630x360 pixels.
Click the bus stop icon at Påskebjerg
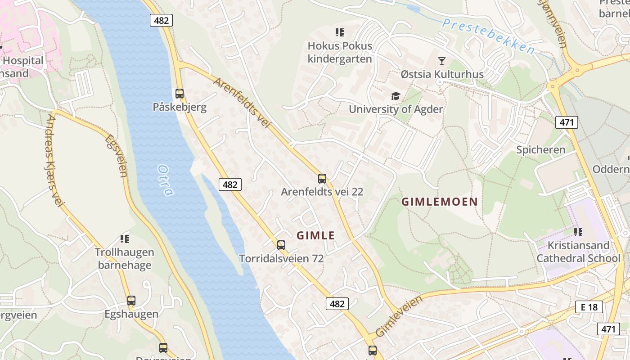pyautogui.click(x=180, y=94)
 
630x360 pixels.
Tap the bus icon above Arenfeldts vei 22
pyautogui.click(x=322, y=179)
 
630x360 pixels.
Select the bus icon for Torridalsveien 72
pyautogui.click(x=281, y=245)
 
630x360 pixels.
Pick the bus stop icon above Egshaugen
pyautogui.click(x=131, y=301)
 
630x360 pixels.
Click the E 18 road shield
pyautogui.click(x=589, y=307)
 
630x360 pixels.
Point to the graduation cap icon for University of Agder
pyautogui.click(x=396, y=96)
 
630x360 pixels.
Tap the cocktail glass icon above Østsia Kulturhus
pyautogui.click(x=442, y=61)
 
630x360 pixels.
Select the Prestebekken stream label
pyautogui.click(x=488, y=36)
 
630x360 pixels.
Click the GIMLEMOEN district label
pyautogui.click(x=439, y=202)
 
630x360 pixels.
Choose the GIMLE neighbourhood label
pyautogui.click(x=316, y=235)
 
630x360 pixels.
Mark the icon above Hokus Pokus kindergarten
pyautogui.click(x=340, y=32)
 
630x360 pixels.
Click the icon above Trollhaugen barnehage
pyautogui.click(x=125, y=239)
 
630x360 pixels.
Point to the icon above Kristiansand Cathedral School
pyautogui.click(x=578, y=232)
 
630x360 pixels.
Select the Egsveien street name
pyautogui.click(x=116, y=156)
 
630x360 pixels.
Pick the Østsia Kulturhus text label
pyautogui.click(x=442, y=74)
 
